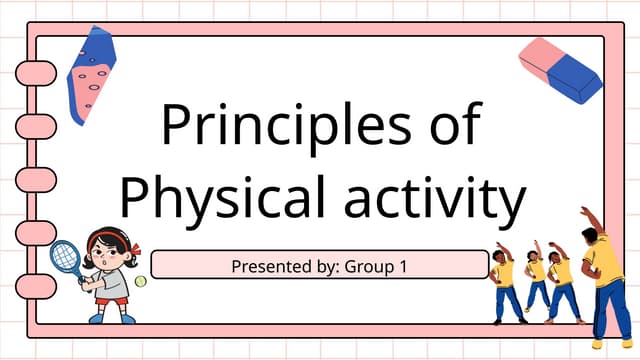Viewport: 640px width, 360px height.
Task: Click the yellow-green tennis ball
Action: tap(140, 284)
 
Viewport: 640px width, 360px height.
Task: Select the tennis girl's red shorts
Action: tap(110, 298)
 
